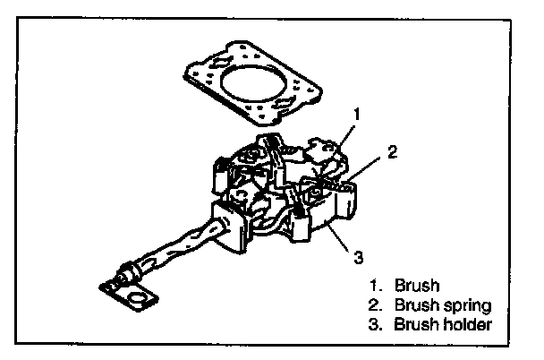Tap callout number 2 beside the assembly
(x=391, y=153)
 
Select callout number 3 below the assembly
(x=357, y=259)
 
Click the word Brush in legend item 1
(x=421, y=286)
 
